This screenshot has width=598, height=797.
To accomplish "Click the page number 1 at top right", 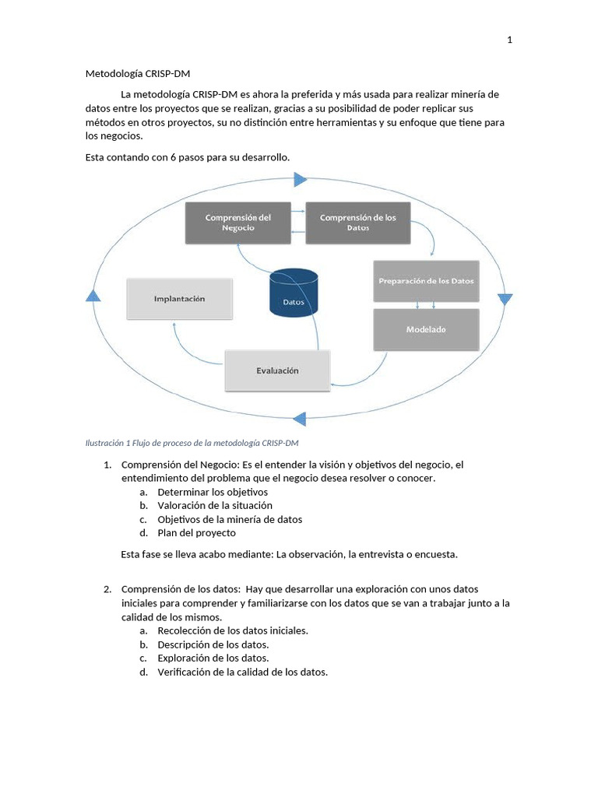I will pos(509,40).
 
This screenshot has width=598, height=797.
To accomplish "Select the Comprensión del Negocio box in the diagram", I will pos(237,223).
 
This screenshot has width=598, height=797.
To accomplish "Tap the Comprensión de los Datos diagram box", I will pos(357,223).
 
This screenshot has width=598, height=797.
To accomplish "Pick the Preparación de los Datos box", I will pos(426,280).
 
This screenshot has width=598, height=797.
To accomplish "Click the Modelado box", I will pos(426,329).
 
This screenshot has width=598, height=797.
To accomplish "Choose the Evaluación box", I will pos(277,370).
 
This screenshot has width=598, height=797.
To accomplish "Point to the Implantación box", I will pos(179,298).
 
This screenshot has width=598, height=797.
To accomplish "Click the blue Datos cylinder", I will pos(293,293).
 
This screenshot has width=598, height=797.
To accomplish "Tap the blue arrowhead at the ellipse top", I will pos(301,181).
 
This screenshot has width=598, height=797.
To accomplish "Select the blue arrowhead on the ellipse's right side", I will pos(505,300).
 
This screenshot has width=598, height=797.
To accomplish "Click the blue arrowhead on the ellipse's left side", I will pos(93,296).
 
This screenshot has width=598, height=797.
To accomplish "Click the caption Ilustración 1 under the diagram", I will pos(192,443).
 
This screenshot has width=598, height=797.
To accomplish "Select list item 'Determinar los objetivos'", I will pos(212,492).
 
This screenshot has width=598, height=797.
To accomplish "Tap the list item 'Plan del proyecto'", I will pos(196,533).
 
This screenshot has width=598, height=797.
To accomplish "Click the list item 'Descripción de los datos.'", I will pos(213,644).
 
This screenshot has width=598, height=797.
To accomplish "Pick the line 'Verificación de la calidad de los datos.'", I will pos(242,672).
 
